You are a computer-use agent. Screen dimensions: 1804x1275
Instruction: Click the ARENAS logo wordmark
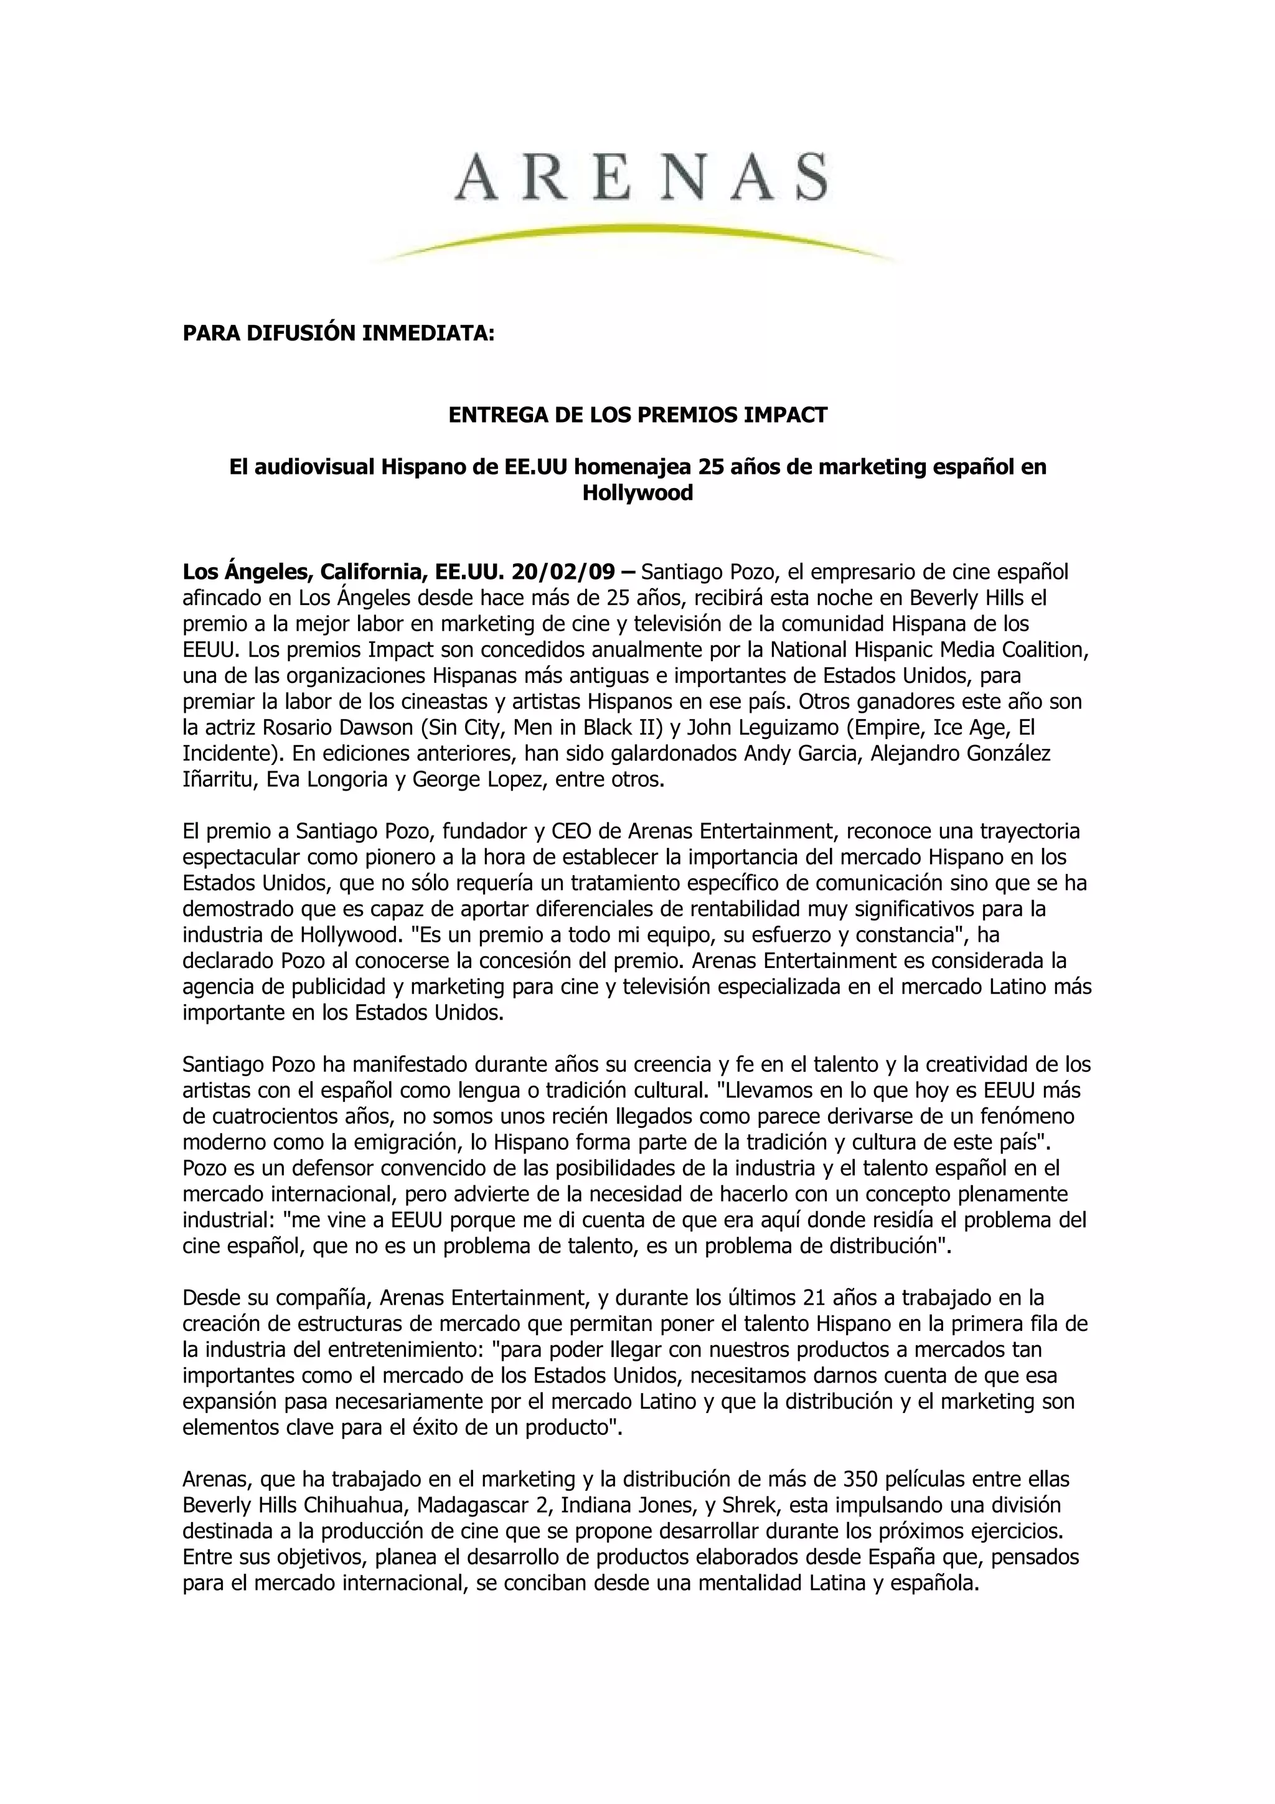point(640,176)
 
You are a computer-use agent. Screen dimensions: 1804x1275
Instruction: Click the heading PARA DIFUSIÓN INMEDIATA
point(339,333)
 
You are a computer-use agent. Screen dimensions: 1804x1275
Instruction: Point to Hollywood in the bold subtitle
point(637,494)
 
